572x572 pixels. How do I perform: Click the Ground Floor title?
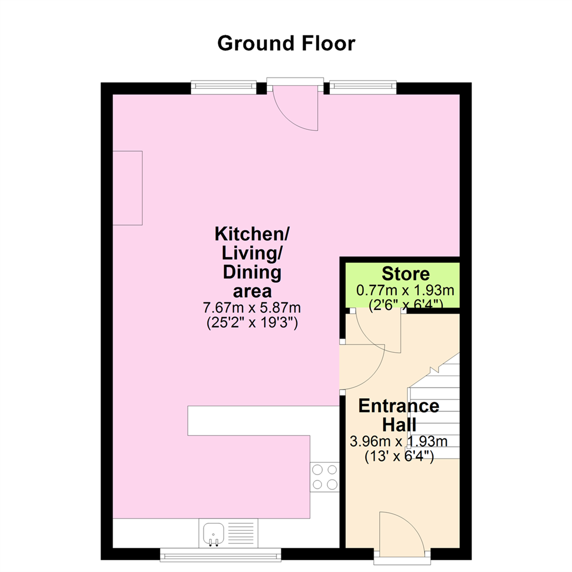coord(286,43)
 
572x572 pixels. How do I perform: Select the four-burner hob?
coord(325,477)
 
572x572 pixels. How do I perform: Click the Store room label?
coord(405,274)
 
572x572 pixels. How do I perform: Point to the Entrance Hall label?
coord(399,415)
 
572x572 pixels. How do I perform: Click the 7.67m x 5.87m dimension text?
coord(252,308)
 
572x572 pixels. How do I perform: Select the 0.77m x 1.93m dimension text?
coord(405,290)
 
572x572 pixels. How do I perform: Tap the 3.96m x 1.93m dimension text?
coord(398,441)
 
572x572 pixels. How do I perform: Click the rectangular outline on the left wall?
coord(127,188)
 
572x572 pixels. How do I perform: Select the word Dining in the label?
coord(252,273)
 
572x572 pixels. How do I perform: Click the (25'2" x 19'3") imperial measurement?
coord(252,323)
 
